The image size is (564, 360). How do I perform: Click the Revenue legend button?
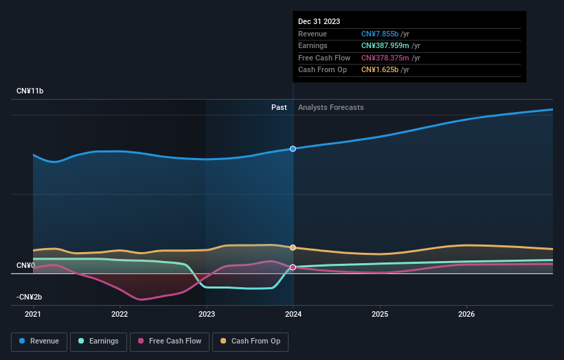coord(39,341)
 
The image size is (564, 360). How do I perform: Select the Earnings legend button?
coord(98,341)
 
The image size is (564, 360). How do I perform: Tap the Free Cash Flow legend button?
coord(170,341)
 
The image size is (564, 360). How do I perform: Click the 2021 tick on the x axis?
coord(33,315)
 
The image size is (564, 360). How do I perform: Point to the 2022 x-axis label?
coord(120,315)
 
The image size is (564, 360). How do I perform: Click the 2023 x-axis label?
coord(206,315)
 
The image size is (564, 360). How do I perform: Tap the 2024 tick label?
coord(293,315)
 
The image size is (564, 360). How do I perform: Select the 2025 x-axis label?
coord(380,315)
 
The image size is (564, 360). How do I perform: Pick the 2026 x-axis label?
coord(466,315)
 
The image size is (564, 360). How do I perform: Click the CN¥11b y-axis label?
coord(30,91)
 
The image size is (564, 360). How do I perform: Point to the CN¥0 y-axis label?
coord(25,265)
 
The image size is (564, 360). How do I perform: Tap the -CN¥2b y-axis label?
coord(30,297)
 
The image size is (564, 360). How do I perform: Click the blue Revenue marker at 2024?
coord(293,148)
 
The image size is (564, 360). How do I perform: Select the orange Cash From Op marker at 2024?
coord(293,247)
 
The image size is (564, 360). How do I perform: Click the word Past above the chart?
coord(279,107)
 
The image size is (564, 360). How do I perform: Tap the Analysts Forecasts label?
coord(330,107)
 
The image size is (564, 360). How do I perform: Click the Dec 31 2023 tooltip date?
coord(319,22)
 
